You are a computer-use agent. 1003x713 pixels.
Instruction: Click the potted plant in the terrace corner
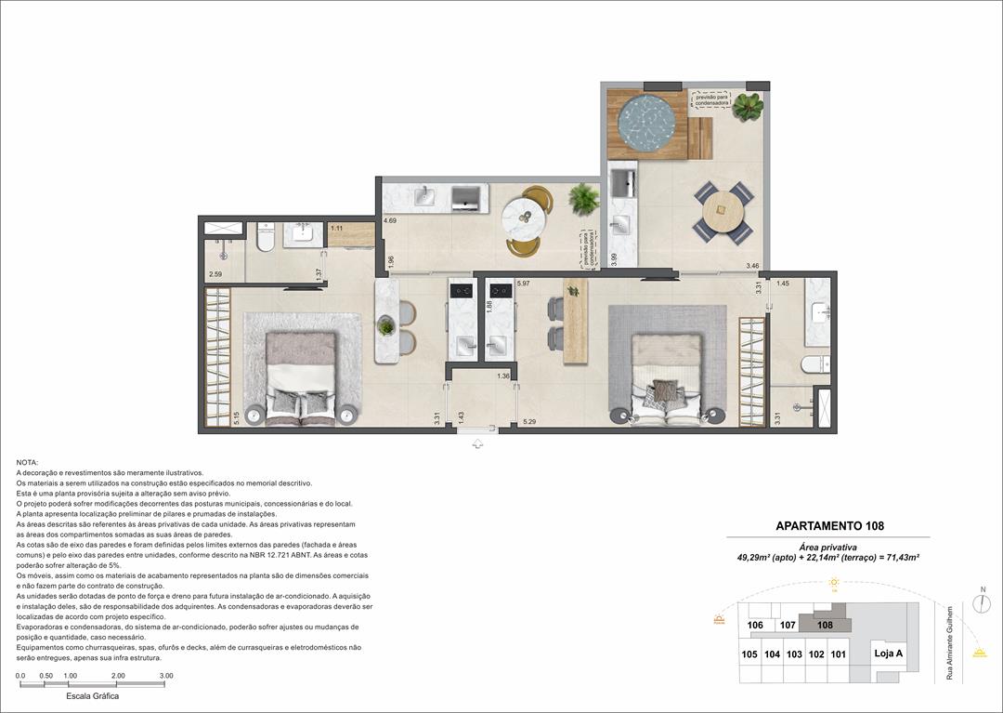747,107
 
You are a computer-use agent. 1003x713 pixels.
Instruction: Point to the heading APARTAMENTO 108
829,526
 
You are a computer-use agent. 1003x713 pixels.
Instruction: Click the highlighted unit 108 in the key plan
825,625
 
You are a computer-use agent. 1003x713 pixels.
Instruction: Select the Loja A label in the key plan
888,654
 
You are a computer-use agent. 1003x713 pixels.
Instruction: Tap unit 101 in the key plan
839,654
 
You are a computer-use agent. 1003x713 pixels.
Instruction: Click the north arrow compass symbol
982,601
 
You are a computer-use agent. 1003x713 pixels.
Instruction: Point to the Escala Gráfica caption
92,695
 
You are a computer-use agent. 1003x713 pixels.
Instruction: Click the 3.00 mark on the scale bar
165,676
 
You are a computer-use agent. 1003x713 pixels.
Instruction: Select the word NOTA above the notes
28,462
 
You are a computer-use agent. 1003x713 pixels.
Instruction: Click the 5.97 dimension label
523,284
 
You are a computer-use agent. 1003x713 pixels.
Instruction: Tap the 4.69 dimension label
390,221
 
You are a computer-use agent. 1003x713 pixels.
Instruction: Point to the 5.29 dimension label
529,423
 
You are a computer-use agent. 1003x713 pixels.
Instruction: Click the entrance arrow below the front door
478,445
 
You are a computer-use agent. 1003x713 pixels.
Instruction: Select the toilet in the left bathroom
265,239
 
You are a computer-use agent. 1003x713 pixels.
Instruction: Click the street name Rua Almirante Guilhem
949,642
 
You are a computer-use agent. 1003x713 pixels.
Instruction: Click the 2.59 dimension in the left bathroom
215,274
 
